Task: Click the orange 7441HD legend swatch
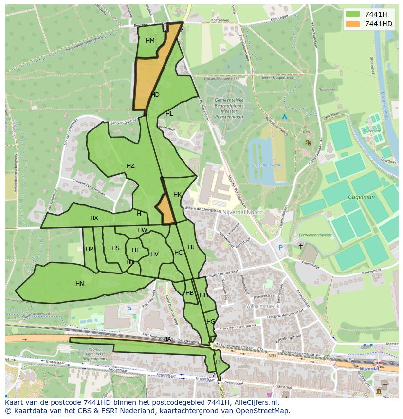pos(353,24)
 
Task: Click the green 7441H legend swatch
pos(353,14)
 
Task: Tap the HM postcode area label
pos(150,41)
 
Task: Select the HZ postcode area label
pos(130,166)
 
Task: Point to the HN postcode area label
pos(80,284)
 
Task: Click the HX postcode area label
pos(94,218)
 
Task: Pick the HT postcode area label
pos(136,250)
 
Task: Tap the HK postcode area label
pos(177,195)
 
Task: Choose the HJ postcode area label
pos(191,247)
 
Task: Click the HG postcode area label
pos(210,322)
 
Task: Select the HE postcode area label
pos(219,362)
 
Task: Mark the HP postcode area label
pos(90,249)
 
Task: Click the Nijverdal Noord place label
pos(242,212)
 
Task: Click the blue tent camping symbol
pos(284,117)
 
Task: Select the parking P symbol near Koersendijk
pos(280,247)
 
